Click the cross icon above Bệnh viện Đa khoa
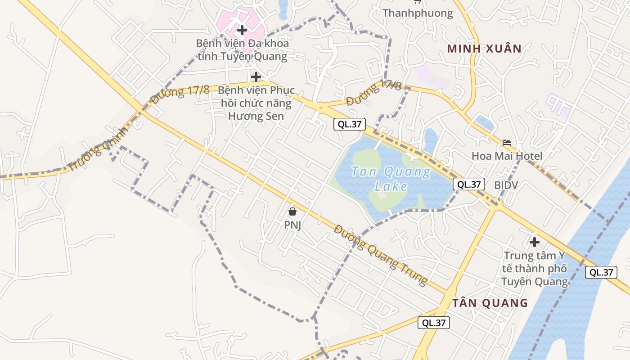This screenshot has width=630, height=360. point(242,30)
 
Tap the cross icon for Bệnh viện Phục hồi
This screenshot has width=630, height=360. point(256,77)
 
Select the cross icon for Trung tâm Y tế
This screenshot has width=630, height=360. point(535,242)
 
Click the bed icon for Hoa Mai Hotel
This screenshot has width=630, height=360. point(507,143)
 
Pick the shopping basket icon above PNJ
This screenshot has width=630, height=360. point(292,211)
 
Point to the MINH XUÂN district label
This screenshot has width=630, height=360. point(484,49)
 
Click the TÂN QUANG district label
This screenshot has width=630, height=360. point(490,303)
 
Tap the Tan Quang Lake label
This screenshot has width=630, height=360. point(391,179)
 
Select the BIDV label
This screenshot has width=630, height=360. point(506,185)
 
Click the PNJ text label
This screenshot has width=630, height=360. point(292,225)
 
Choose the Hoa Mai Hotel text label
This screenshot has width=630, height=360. point(507,156)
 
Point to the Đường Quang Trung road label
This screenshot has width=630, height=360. point(381,255)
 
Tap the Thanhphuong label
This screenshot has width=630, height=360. point(418,13)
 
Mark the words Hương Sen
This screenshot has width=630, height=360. point(256,116)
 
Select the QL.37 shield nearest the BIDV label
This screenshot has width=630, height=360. point(469,184)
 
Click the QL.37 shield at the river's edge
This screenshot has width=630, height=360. point(601,272)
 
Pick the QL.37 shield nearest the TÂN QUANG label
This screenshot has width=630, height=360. point(434,323)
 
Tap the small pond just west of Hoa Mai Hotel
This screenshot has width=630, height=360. point(484,122)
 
